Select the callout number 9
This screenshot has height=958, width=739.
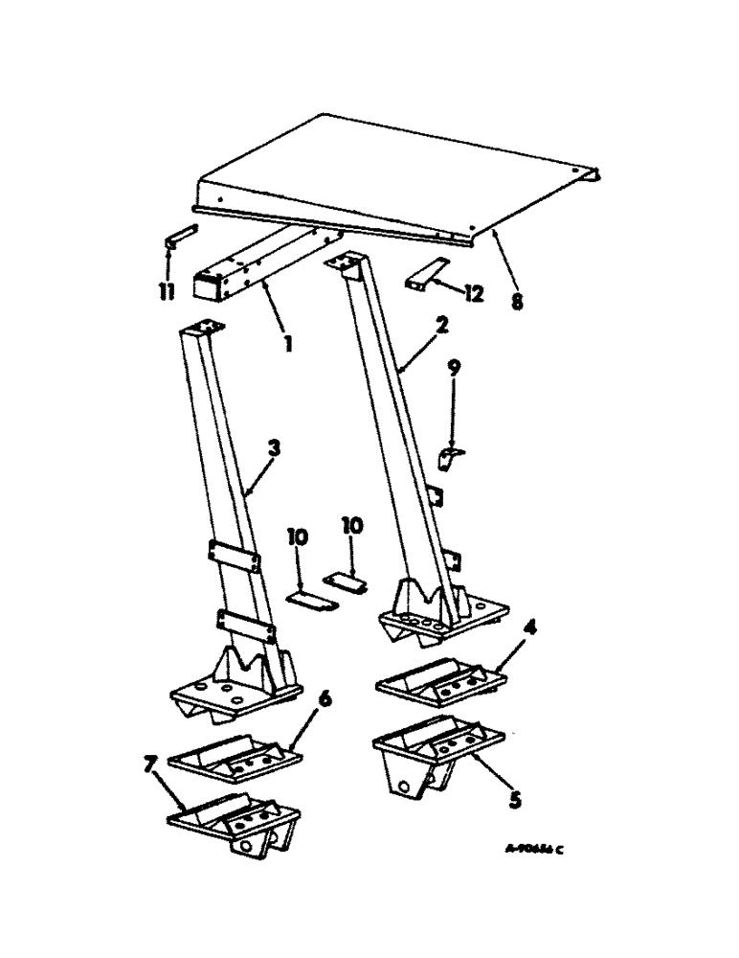[x=455, y=366]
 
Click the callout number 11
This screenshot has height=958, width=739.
[x=168, y=290]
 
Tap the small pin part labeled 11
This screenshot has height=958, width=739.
[x=180, y=236]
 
